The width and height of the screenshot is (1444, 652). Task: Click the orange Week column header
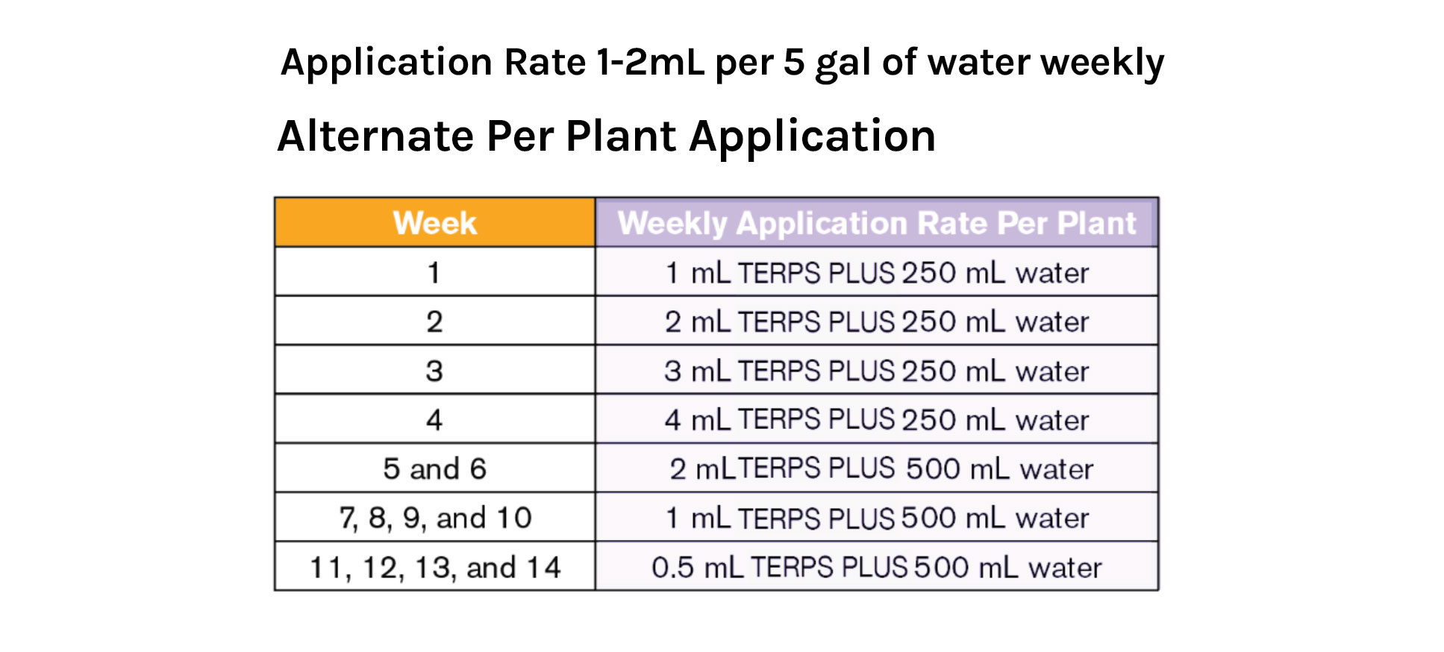pos(434,223)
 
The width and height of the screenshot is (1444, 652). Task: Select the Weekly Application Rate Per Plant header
pos(876,223)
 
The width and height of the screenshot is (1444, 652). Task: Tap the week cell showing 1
pos(434,272)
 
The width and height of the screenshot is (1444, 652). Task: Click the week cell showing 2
pos(434,322)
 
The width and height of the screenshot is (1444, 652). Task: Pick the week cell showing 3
pos(434,371)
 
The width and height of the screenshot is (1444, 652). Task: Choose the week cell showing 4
pos(434,419)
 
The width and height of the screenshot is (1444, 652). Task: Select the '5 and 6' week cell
pos(434,468)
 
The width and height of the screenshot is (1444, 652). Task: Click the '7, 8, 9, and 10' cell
pos(434,518)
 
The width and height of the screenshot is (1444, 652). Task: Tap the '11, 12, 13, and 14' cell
pos(434,567)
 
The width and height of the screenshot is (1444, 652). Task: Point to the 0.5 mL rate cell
pos(876,567)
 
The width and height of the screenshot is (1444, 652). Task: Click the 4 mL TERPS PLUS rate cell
pos(876,419)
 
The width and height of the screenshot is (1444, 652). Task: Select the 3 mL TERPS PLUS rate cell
pos(876,371)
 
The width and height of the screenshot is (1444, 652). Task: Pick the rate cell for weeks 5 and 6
pos(876,468)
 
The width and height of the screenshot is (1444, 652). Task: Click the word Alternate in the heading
pos(375,137)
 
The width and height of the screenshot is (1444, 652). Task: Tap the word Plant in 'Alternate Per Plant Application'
pos(621,137)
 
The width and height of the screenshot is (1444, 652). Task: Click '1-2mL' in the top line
pos(649,62)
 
